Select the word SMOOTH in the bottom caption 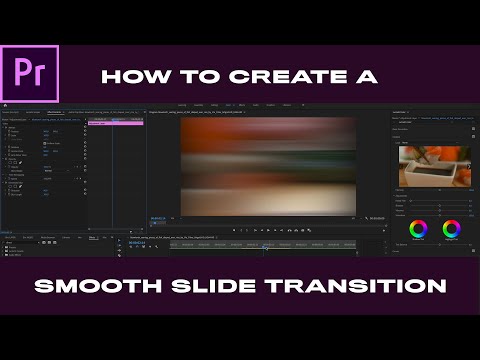[x=89, y=287]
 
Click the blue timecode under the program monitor [x=158, y=218]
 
